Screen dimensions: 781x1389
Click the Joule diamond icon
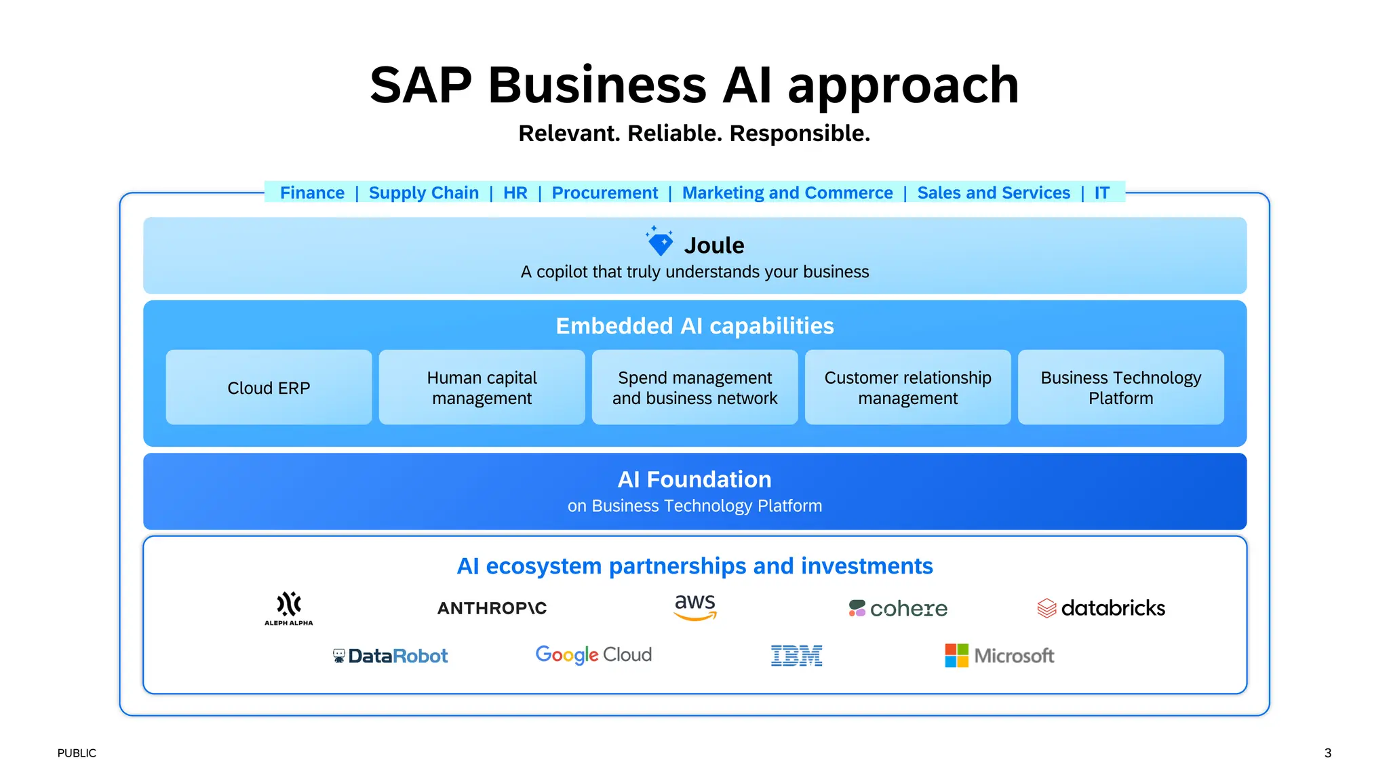[x=660, y=242]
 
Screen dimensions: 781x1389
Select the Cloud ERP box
[x=269, y=388]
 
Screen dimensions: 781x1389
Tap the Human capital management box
[x=482, y=388]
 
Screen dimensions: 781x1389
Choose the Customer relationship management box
[x=907, y=388]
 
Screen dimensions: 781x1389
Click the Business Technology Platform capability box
[x=1120, y=388]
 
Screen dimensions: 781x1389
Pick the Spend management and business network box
[x=694, y=388]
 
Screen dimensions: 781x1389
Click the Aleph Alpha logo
[x=289, y=607]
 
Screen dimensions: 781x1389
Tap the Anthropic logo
[x=492, y=608]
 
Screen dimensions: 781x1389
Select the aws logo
[x=694, y=606]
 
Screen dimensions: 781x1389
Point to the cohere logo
[x=898, y=608]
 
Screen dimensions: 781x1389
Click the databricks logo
[x=1101, y=608]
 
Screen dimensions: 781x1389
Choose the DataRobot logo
[x=391, y=656]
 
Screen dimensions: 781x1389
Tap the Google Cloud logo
[x=593, y=655]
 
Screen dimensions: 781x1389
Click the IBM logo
[x=796, y=656]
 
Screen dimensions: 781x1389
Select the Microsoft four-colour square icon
[x=956, y=656]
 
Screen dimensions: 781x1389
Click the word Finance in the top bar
[x=312, y=193]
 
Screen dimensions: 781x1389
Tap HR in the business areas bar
[x=515, y=193]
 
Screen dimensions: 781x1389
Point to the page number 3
[x=1327, y=753]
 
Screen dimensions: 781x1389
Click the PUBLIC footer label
[x=77, y=753]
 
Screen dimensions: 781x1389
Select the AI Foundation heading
[x=694, y=479]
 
